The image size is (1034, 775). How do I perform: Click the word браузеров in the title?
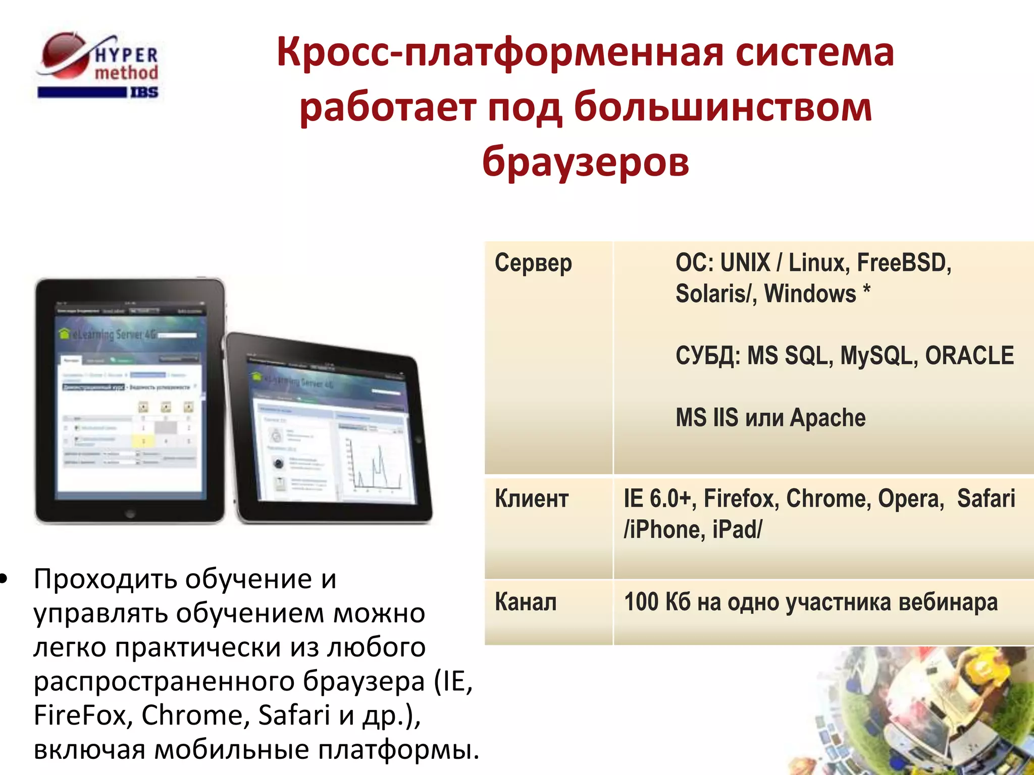pos(585,161)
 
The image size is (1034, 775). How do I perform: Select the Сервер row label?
pos(533,263)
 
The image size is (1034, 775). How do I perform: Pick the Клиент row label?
pos(532,499)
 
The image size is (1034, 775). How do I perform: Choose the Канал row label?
pos(526,602)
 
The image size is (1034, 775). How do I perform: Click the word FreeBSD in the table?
pos(904,263)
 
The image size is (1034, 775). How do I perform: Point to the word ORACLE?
pos(969,356)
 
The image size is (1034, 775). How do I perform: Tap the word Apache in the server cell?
pos(828,418)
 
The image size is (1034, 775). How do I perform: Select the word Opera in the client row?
pos(910,499)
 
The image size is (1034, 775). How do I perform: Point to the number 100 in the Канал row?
pos(641,602)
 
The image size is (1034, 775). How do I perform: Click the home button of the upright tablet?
pos(130,514)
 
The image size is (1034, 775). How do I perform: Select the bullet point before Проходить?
pos(5,580)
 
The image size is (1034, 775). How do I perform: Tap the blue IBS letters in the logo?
pos(144,92)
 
